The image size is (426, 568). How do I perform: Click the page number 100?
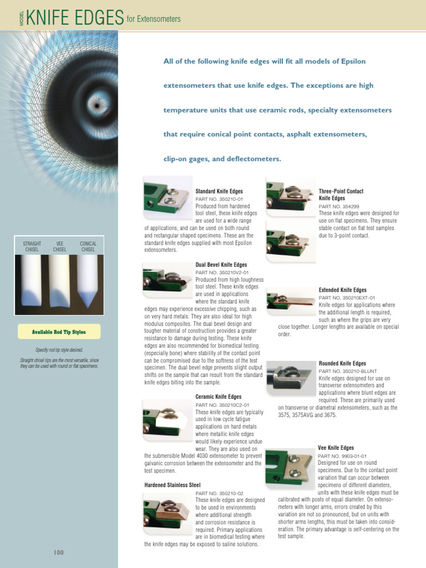pyautogui.click(x=59, y=552)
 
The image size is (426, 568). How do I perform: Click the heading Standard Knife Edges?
pyautogui.click(x=219, y=191)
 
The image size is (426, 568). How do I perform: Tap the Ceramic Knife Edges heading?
pyautogui.click(x=219, y=397)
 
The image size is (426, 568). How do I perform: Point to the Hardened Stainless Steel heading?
pyautogui.click(x=173, y=485)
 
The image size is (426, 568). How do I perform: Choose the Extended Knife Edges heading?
pyautogui.click(x=342, y=290)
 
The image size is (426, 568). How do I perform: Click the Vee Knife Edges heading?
pyautogui.click(x=336, y=448)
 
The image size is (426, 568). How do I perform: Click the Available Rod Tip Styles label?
pyautogui.click(x=59, y=332)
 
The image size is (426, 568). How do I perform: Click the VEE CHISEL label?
pyautogui.click(x=60, y=246)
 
